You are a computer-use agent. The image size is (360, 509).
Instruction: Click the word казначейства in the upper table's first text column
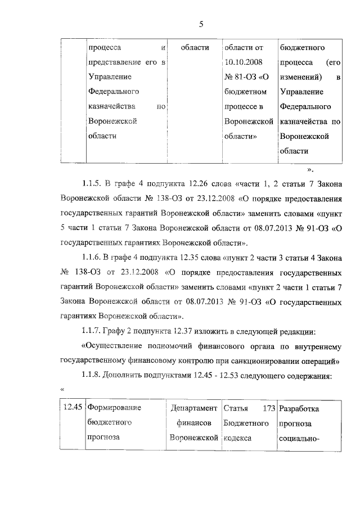pyautogui.click(x=110, y=106)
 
